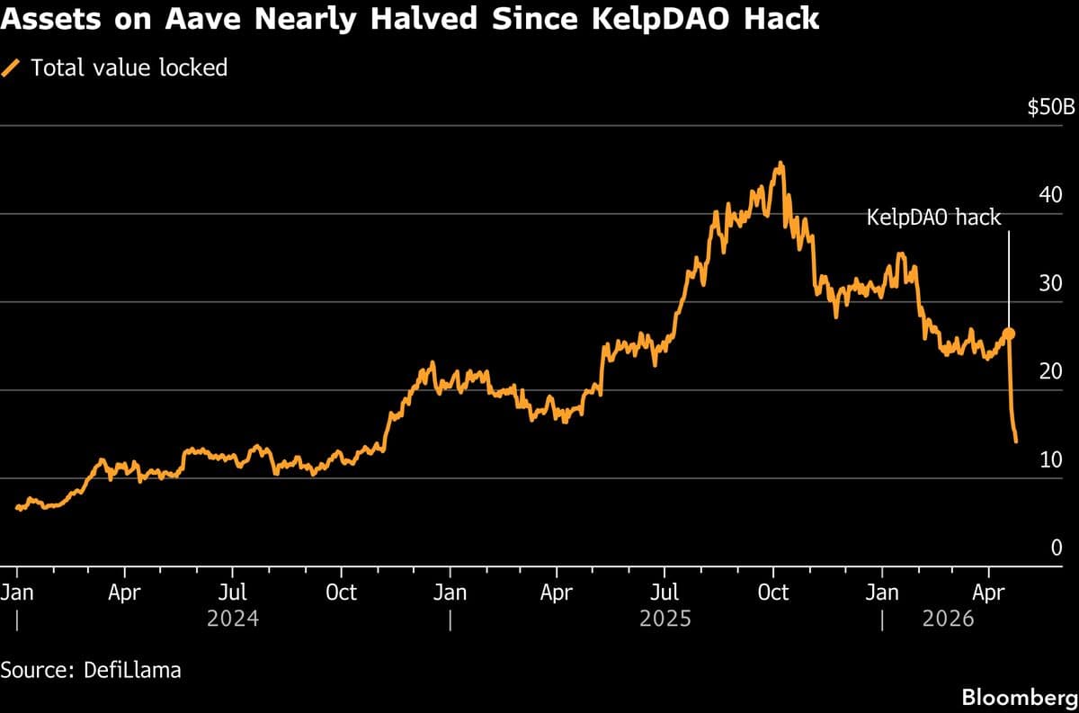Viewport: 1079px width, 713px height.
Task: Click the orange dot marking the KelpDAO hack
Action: pyautogui.click(x=1009, y=334)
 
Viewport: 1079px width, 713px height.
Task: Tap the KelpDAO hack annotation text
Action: pyautogui.click(x=933, y=218)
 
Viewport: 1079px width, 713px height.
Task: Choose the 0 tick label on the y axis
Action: pyautogui.click(x=1057, y=548)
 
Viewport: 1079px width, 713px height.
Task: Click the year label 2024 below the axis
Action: pyautogui.click(x=233, y=619)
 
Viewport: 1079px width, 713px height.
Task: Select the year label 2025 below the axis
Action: pyautogui.click(x=665, y=619)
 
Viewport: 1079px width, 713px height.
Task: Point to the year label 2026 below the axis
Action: pyautogui.click(x=949, y=619)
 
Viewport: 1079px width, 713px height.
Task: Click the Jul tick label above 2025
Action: pyautogui.click(x=664, y=593)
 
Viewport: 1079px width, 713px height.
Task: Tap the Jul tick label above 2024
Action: pyautogui.click(x=233, y=593)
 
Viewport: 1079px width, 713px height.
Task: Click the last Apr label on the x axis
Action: pyautogui.click(x=989, y=593)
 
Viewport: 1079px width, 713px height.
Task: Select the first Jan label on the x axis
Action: pyautogui.click(x=17, y=593)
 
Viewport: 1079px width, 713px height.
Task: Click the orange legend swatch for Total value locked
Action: pyautogui.click(x=12, y=67)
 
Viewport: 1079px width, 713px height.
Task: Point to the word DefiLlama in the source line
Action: pyautogui.click(x=132, y=670)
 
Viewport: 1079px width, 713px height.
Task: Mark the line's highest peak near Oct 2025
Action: pyautogui.click(x=780, y=164)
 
